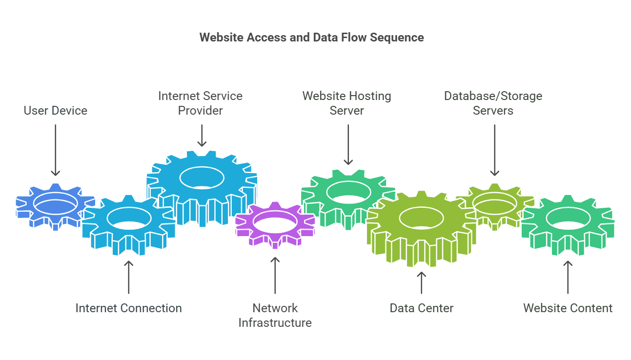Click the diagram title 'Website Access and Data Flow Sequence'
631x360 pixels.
[x=311, y=38]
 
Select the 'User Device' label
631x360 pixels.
[x=56, y=111]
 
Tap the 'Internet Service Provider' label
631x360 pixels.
[x=200, y=103]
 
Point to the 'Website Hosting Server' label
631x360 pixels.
[x=346, y=103]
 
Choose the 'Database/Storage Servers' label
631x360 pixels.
[x=493, y=103]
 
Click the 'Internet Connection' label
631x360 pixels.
[x=128, y=308]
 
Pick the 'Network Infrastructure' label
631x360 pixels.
[x=275, y=315]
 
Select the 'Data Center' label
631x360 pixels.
[x=422, y=308]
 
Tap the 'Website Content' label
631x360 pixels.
[x=568, y=308]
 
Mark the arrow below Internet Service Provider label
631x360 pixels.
[x=202, y=135]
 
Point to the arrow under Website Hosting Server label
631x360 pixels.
[x=348, y=144]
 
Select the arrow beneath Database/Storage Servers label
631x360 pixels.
[x=494, y=150]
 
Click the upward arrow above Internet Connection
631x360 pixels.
[x=128, y=277]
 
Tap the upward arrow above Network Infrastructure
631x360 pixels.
[x=275, y=275]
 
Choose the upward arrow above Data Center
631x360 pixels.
[x=422, y=282]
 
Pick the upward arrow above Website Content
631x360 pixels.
[x=568, y=277]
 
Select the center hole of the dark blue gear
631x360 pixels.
[x=56, y=203]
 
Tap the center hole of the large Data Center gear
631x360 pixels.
[x=422, y=218]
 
